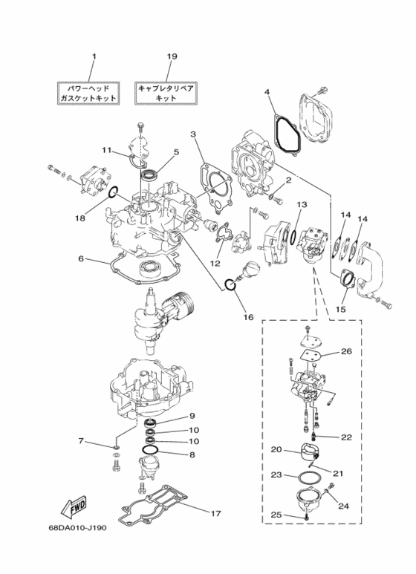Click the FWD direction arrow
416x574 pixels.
74,508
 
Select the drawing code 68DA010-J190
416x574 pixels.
78,528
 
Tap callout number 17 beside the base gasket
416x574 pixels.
216,514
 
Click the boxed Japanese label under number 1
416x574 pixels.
88,94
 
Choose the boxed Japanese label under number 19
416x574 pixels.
166,94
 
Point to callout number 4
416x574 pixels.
267,92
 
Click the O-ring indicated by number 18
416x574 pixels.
113,191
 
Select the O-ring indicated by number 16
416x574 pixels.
230,285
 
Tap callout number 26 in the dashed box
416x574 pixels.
346,351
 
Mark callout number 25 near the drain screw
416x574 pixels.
277,515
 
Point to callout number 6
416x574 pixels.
81,258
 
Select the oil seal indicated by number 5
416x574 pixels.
150,175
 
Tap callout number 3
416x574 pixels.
193,134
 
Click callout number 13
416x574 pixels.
302,204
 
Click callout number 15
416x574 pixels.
340,310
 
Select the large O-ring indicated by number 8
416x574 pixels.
149,450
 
